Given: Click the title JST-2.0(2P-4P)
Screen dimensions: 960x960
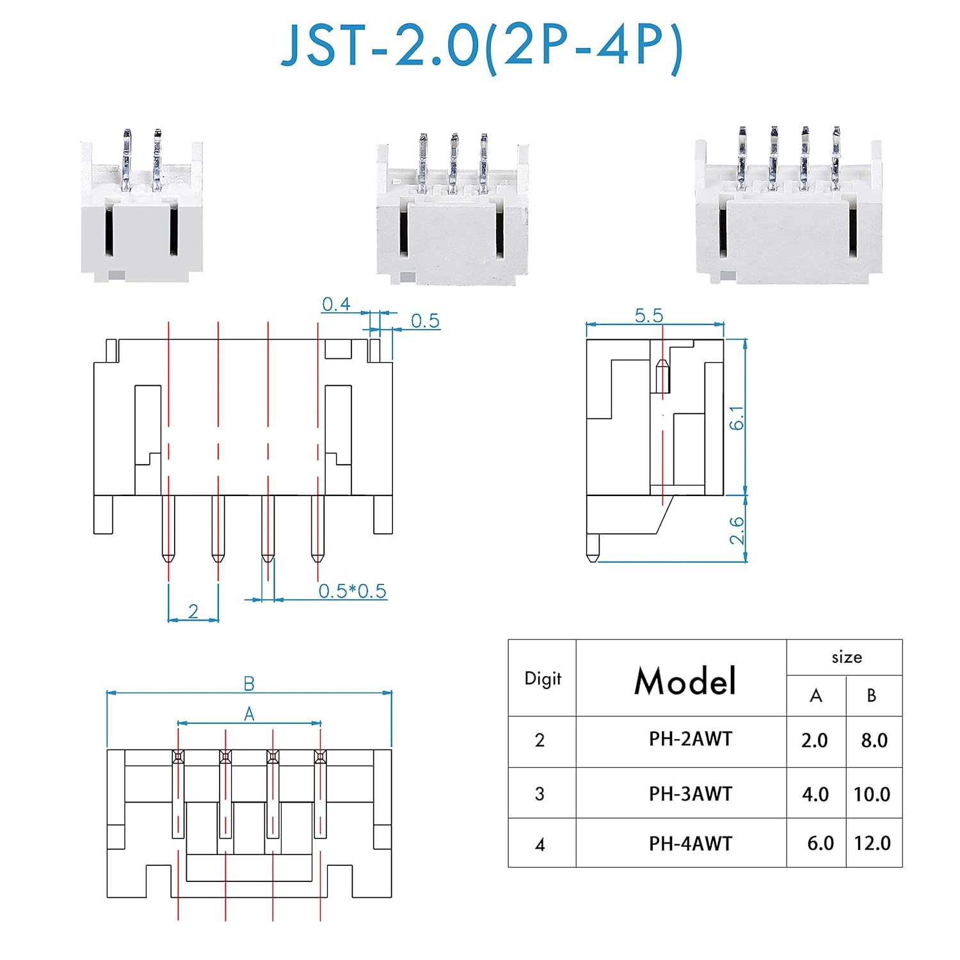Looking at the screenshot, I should (x=481, y=46).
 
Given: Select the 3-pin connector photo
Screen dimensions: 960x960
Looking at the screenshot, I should (x=452, y=211).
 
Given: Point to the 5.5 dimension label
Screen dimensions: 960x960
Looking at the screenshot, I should (x=649, y=316).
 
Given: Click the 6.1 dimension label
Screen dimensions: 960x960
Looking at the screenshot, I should (x=737, y=417).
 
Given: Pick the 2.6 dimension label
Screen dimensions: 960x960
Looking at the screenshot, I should (x=737, y=530).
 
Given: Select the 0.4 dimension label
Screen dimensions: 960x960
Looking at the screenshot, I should (x=336, y=304).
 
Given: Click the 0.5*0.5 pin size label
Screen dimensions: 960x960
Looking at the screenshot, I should (x=353, y=591).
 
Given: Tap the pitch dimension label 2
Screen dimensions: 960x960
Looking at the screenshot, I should (x=193, y=612).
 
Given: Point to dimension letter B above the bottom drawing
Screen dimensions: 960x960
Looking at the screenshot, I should (x=249, y=684).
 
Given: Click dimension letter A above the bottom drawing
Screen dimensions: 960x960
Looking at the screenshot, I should (x=249, y=714).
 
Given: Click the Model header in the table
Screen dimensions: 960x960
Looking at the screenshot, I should (x=684, y=680).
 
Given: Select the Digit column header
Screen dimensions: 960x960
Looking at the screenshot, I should (x=543, y=678).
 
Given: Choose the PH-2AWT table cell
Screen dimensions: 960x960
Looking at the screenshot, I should (x=690, y=739).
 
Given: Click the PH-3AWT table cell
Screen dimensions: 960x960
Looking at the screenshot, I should (x=690, y=794).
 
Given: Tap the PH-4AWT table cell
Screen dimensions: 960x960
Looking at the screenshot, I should (x=690, y=844).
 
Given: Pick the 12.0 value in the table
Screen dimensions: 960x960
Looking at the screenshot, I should (x=872, y=843).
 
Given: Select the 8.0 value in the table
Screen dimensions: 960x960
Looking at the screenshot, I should (x=874, y=740).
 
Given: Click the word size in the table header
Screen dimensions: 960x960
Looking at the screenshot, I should (x=846, y=657).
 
